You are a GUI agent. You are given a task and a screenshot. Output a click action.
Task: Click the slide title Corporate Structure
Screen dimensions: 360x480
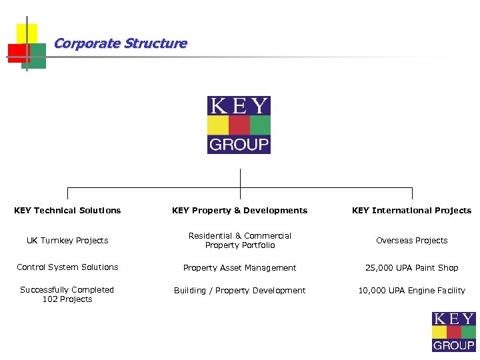pos(120,44)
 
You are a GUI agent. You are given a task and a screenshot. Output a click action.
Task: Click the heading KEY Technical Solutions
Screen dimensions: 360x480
pos(67,211)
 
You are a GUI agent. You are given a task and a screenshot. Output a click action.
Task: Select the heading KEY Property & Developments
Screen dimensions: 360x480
pos(239,211)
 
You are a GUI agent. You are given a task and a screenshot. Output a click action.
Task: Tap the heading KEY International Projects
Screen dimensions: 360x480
pos(411,211)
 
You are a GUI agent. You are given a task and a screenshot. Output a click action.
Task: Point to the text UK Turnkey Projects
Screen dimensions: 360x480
pos(67,241)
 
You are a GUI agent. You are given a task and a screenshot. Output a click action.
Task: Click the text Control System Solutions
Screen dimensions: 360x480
pos(67,267)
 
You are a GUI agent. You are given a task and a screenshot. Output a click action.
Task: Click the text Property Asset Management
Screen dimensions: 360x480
pos(239,268)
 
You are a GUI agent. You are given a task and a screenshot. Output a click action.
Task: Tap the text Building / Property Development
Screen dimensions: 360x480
pos(239,291)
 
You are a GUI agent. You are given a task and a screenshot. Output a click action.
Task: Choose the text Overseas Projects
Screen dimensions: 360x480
pos(411,241)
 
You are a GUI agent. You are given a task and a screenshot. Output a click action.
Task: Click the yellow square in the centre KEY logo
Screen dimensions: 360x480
pos(218,125)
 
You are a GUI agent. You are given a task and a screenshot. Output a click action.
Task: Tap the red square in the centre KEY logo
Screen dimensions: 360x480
pos(239,125)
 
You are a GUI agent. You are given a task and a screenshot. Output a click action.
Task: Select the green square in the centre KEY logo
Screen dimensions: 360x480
pos(260,125)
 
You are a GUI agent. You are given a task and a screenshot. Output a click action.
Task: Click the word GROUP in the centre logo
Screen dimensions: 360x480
pos(239,144)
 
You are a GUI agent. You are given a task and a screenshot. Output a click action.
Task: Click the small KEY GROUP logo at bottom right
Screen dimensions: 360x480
pos(454,331)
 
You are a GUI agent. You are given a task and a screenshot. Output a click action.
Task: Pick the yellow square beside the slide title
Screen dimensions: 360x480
pos(27,33)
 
